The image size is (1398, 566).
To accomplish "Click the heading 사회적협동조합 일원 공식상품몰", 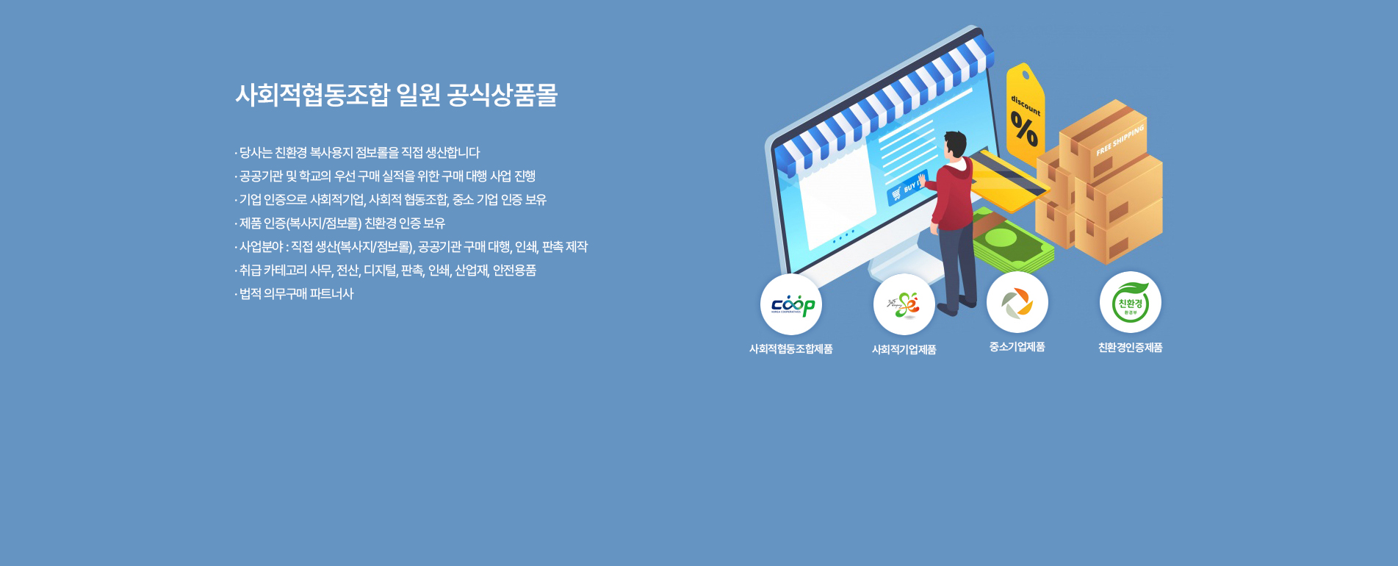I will pos(396,96).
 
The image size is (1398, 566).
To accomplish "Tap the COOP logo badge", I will pos(791,304).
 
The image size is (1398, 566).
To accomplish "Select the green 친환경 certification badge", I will pos(1130,302).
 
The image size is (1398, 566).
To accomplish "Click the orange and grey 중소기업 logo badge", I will pos(1017,302).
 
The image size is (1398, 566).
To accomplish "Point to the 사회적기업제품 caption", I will pos(904,350).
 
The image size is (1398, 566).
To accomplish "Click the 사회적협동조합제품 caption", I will pos(790,349).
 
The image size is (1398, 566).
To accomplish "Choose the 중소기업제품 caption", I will pos(1017,347).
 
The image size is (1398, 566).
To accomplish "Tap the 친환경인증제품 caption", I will pos(1130,348).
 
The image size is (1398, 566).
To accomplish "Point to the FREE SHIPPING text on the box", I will pos(1120,140).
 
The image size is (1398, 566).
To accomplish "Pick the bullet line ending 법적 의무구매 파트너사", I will pos(295,294).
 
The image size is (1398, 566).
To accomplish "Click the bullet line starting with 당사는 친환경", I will pos(358,153).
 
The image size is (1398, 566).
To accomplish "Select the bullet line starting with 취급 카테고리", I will pos(386,271).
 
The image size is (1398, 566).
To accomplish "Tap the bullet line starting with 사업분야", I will pos(412,247).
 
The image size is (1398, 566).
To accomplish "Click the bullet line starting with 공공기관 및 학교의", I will pos(386,176).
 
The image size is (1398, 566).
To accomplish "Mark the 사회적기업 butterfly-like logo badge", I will pos(904,304).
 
